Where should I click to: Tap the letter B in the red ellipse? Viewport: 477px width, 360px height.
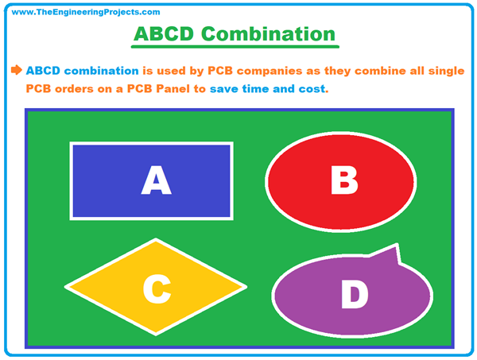tap(344, 180)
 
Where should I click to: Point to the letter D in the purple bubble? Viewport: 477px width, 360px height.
tap(355, 294)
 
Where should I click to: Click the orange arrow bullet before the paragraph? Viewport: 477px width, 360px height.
tap(16, 70)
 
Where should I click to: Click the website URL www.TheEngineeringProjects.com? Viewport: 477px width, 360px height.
tap(87, 12)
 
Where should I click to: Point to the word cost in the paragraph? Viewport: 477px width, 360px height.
tap(311, 88)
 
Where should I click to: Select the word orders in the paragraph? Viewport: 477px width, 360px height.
tap(81, 88)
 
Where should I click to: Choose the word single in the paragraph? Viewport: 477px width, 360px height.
tap(445, 70)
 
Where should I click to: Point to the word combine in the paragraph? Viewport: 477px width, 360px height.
tap(367, 70)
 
